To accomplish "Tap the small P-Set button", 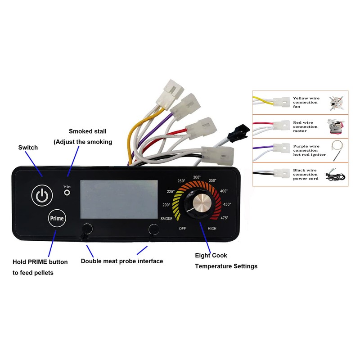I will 67,193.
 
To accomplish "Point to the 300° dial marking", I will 197,177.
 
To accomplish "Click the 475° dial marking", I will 224,218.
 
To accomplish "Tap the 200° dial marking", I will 166,205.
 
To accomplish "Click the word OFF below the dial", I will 182,229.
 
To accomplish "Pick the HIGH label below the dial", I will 212,229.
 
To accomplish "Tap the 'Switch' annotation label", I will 28,148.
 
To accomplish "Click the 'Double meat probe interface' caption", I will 121,261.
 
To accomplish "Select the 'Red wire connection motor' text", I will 305,126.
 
